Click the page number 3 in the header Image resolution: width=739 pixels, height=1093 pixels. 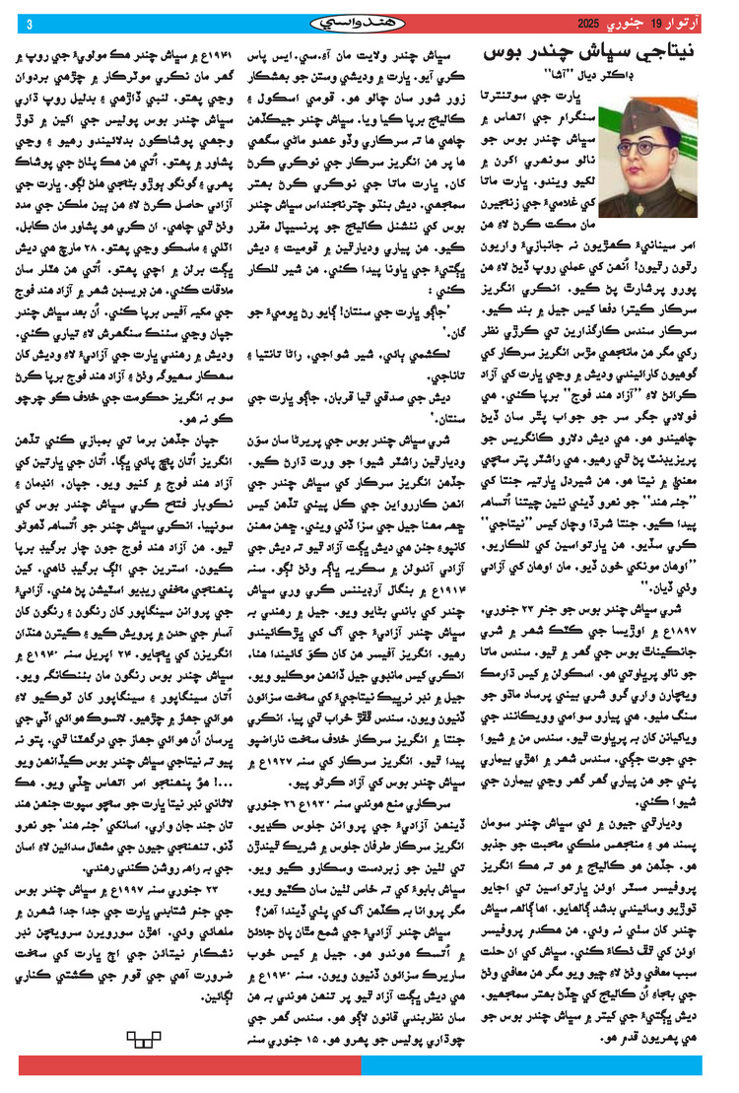pyautogui.click(x=29, y=23)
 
